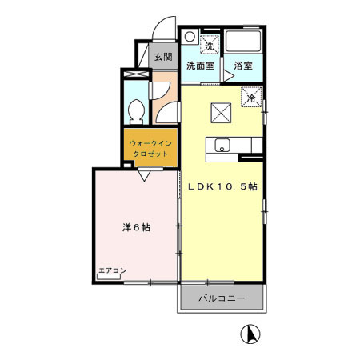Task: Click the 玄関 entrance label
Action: pos(163,57)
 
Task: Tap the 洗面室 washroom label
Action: pos(200,66)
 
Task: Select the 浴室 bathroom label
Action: pos(244,66)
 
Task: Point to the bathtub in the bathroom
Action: pos(244,41)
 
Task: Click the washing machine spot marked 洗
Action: pos(210,46)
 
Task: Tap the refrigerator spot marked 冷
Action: pos(252,98)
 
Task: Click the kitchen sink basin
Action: pos(222,145)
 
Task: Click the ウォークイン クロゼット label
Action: pos(150,148)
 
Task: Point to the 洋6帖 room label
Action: pos(136,227)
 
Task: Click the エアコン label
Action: pos(112,271)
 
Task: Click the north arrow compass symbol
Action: pos(250,334)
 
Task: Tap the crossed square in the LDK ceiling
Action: pos(220,112)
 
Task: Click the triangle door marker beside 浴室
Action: pos(227,74)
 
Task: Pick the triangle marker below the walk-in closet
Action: pos(144,176)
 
